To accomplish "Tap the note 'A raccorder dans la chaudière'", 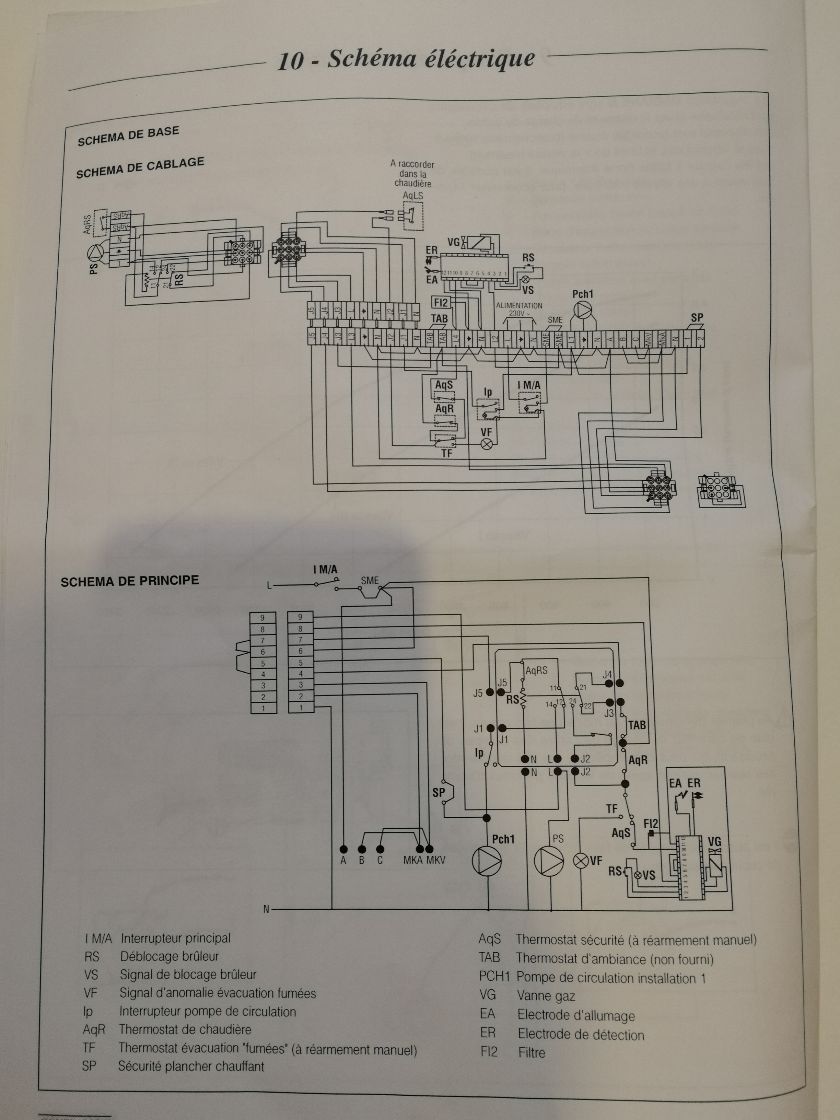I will click(412, 174).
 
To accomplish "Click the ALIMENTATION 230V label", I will click(518, 310).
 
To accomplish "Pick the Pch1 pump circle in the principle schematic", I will click(487, 860).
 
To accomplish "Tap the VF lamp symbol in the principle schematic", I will click(581, 860).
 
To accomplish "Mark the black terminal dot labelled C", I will click(380, 849).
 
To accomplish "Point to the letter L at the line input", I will click(270, 586).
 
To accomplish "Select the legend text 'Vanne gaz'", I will click(546, 996).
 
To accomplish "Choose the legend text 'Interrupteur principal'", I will click(175, 938).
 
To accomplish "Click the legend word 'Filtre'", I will click(532, 1053).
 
